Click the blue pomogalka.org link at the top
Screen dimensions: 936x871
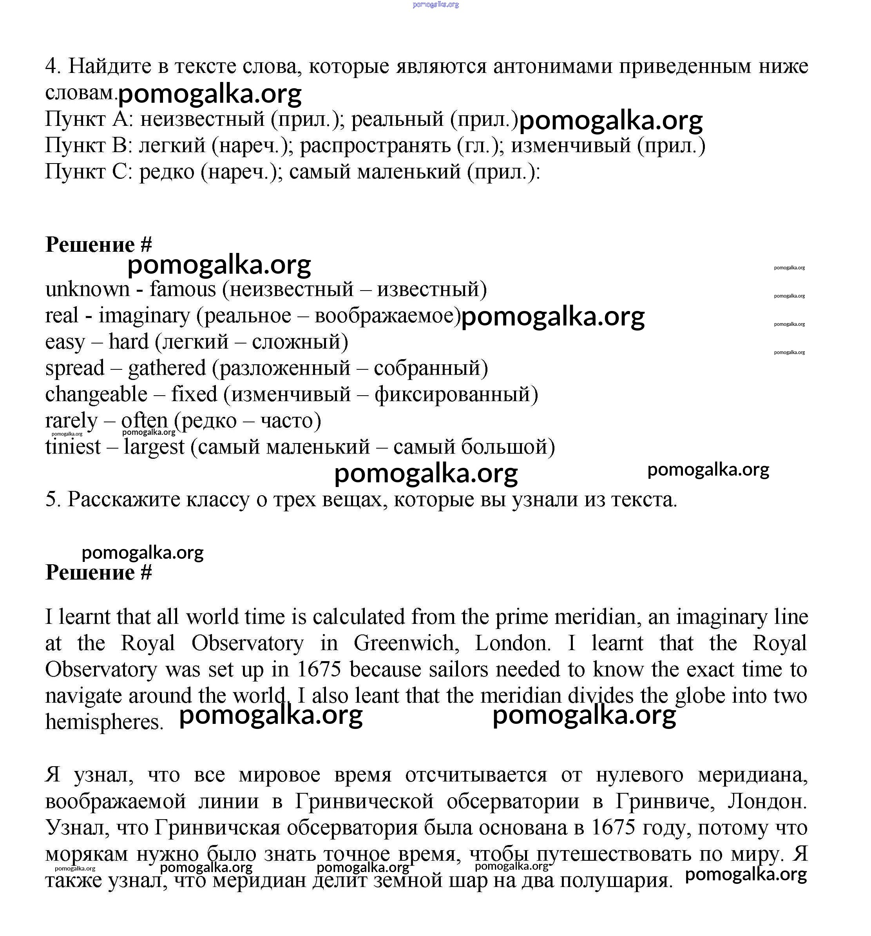[x=435, y=5]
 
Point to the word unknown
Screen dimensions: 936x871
[x=87, y=289]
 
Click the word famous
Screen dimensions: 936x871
[x=183, y=289]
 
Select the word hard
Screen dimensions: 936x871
[x=129, y=342]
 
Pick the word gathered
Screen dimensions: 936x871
[x=167, y=368]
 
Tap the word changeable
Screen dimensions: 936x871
[x=96, y=394]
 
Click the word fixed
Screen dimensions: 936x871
[x=194, y=394]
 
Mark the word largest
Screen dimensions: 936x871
[x=154, y=447]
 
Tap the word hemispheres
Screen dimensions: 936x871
[x=104, y=722]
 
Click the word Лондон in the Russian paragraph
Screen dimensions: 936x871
[x=767, y=801]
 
